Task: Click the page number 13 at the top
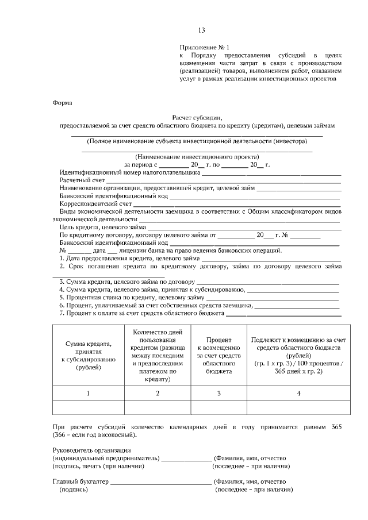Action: (x=201, y=30)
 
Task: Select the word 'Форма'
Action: (x=62, y=103)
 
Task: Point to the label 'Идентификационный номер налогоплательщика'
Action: (x=129, y=172)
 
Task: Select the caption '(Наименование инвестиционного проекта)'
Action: (x=197, y=156)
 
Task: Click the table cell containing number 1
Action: (x=88, y=393)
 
